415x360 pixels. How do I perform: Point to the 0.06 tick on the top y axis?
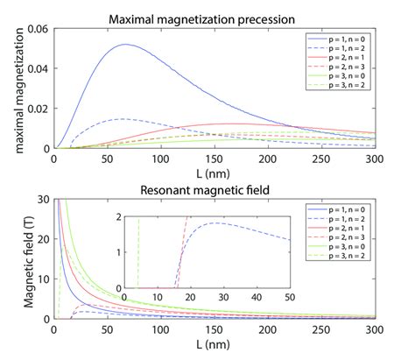(x=39, y=30)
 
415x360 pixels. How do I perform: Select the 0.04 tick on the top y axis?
(x=39, y=69)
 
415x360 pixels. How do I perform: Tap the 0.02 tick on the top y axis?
(x=39, y=109)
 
